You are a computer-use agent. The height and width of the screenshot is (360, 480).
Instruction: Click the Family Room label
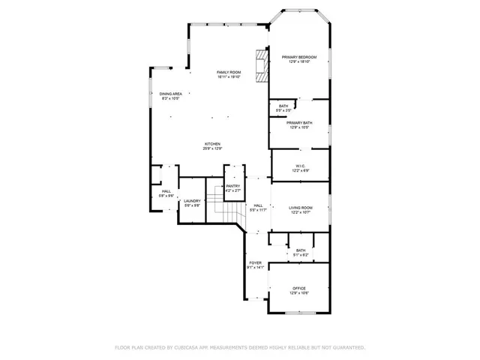click(x=228, y=72)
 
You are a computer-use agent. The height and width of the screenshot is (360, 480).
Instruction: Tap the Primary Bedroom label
click(x=298, y=58)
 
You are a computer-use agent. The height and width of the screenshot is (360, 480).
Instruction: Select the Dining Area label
click(x=171, y=94)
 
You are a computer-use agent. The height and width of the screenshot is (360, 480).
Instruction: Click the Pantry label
click(x=233, y=186)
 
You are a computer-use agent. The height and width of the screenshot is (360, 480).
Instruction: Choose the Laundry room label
click(x=192, y=201)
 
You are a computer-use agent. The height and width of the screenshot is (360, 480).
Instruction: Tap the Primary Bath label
click(x=298, y=123)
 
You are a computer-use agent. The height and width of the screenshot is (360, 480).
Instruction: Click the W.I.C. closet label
click(x=299, y=166)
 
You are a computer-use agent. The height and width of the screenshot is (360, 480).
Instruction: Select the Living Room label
click(x=300, y=208)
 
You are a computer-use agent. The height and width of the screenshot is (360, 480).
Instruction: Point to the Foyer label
click(x=255, y=262)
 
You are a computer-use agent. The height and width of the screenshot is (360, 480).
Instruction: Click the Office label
click(x=299, y=289)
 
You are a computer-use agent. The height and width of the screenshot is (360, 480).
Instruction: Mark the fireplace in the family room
click(x=261, y=66)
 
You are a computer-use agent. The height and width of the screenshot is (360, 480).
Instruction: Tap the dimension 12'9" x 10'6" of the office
click(x=299, y=293)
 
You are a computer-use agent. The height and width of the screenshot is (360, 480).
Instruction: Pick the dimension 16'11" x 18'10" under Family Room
click(x=228, y=76)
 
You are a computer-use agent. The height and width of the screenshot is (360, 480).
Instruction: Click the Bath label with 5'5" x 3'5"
click(x=283, y=106)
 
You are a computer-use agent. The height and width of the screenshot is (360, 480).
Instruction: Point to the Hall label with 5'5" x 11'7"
click(x=257, y=205)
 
